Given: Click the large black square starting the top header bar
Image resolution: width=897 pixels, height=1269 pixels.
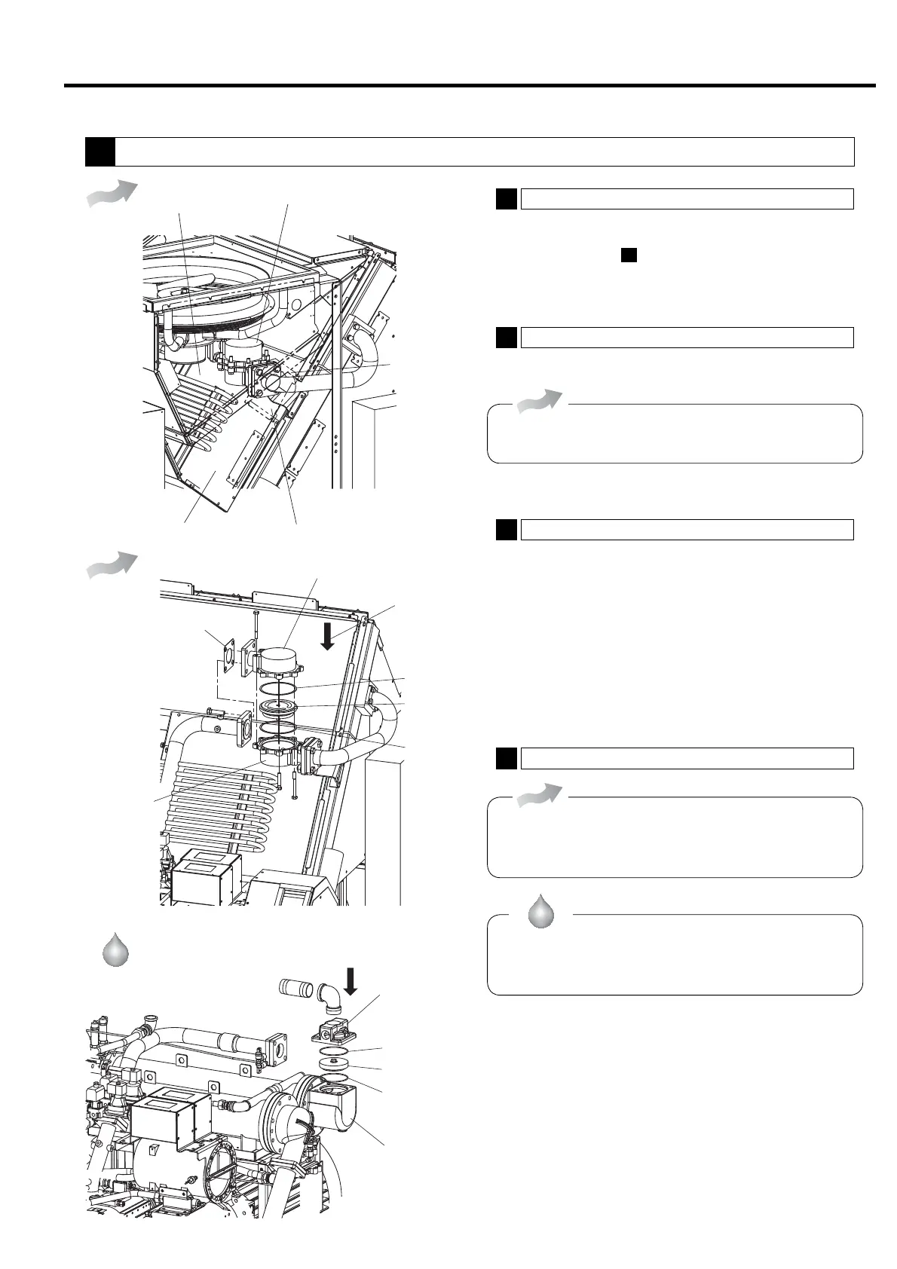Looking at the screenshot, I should coord(99,151).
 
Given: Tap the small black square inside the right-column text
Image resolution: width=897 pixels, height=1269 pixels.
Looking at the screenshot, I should coord(629,255).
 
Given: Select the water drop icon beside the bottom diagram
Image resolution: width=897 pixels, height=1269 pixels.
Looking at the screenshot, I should coord(115,949).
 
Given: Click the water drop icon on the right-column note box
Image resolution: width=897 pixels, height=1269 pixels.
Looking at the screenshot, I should coord(540,911).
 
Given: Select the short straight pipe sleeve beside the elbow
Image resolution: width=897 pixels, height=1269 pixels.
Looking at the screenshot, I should coord(297,987).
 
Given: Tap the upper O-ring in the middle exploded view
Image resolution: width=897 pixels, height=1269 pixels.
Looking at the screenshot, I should coord(278,690).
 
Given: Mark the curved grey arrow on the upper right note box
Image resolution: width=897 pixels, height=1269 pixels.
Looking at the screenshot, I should coord(540,401).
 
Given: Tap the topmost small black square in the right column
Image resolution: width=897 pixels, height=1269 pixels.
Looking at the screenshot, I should coord(507,198).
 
